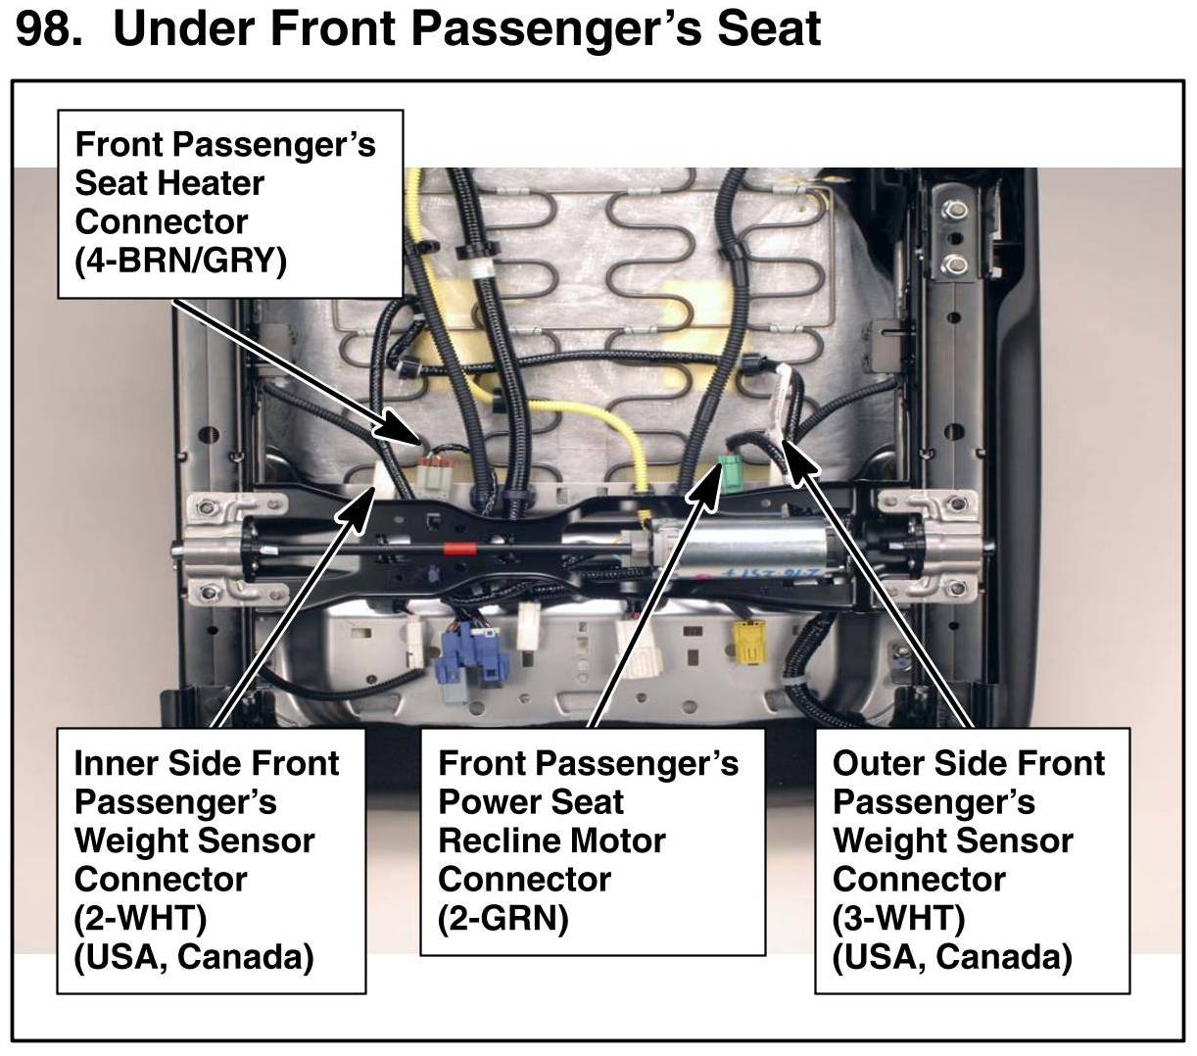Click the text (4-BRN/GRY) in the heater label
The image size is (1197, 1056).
point(181,260)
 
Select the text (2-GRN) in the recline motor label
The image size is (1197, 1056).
point(503,918)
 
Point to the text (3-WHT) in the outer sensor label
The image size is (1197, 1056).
point(898,918)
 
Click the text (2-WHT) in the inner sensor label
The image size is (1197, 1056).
point(140,918)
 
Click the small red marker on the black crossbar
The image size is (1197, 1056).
point(459,549)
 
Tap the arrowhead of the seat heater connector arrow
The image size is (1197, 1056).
point(399,427)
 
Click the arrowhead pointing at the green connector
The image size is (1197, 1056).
point(706,483)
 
